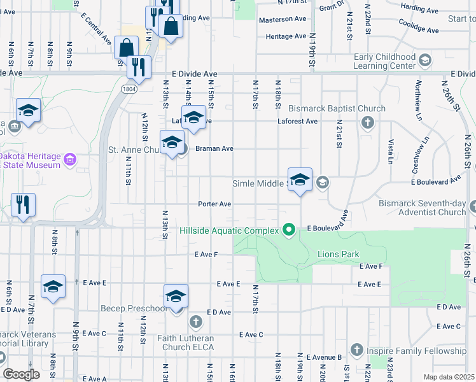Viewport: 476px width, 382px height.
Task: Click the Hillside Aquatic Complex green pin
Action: [x=289, y=229]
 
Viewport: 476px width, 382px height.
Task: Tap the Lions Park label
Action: [x=338, y=255]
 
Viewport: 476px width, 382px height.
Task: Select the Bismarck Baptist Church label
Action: [x=337, y=109]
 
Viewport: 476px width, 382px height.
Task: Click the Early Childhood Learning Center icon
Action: [x=425, y=60]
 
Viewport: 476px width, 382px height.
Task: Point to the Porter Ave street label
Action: [x=214, y=204]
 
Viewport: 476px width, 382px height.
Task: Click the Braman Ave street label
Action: [x=214, y=148]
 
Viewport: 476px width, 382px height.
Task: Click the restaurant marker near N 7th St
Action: [x=23, y=206]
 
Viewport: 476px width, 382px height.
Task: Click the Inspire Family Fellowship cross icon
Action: [x=356, y=350]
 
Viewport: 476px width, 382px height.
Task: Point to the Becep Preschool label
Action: [x=134, y=309]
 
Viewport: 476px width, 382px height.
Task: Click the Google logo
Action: [x=21, y=374]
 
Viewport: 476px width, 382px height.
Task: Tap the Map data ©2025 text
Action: [x=449, y=377]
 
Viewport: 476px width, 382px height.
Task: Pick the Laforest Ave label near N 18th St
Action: [x=297, y=121]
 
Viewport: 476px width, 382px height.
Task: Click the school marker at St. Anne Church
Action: [x=171, y=143]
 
